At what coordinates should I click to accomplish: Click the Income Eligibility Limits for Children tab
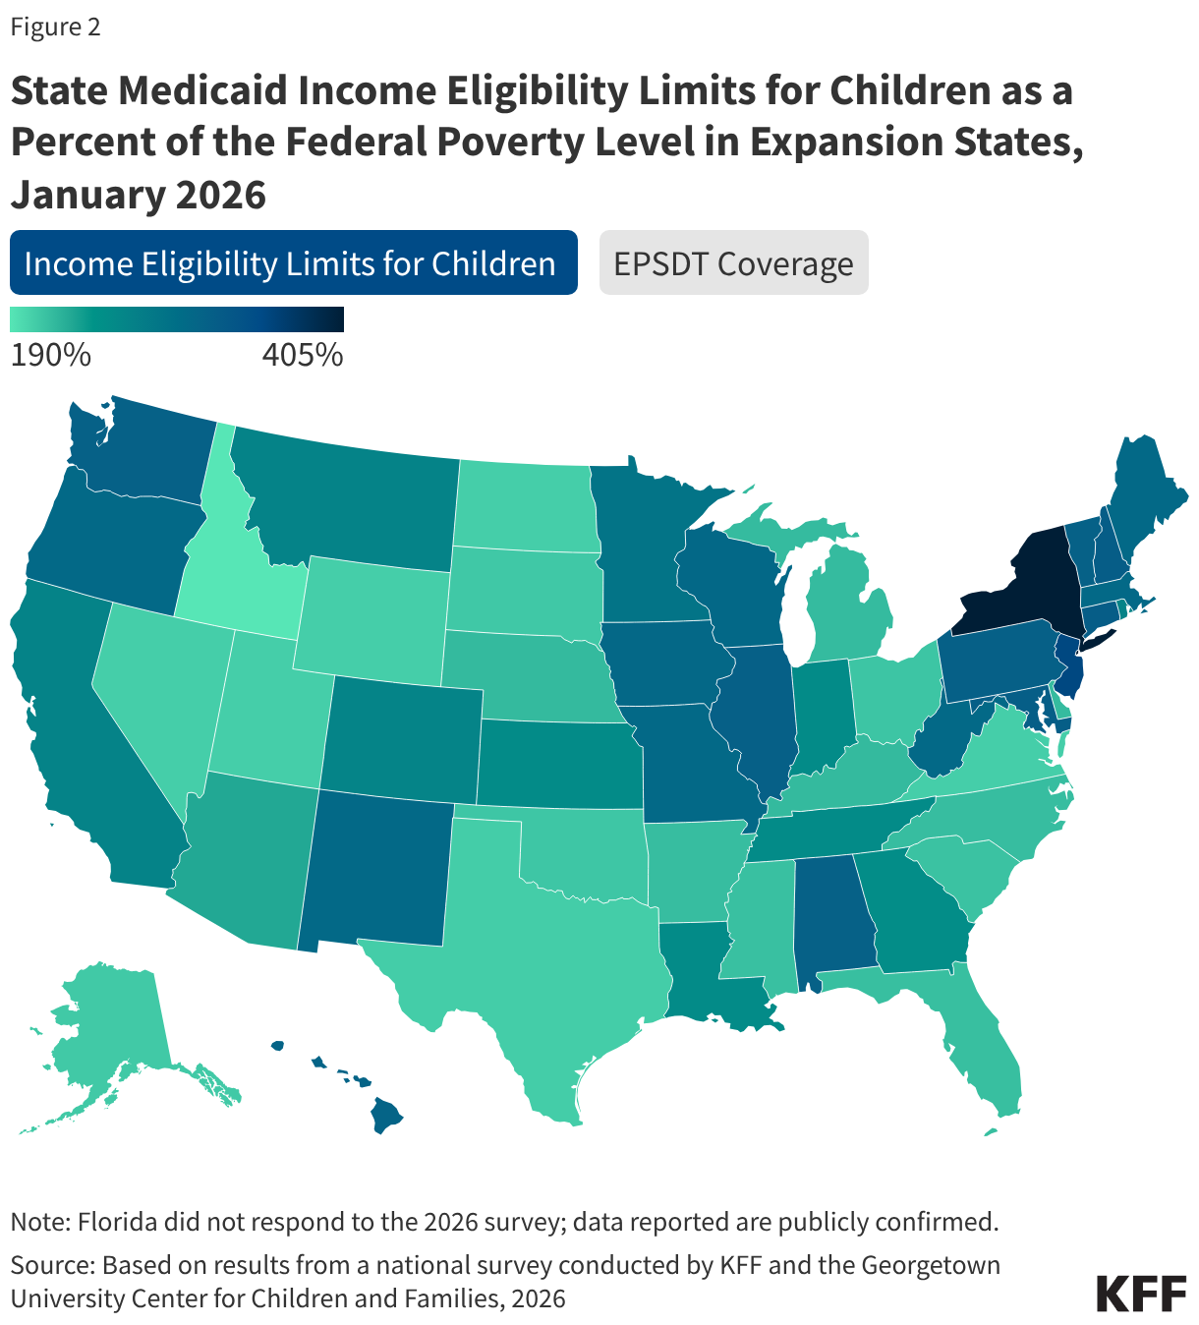(293, 262)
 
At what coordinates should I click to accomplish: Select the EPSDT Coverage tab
(733, 262)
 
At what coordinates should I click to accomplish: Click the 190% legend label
(50, 355)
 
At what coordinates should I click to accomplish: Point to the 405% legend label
(302, 355)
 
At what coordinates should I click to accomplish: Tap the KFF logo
(1141, 1293)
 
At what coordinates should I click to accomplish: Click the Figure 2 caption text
(55, 27)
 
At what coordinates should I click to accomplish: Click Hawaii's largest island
(387, 1115)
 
